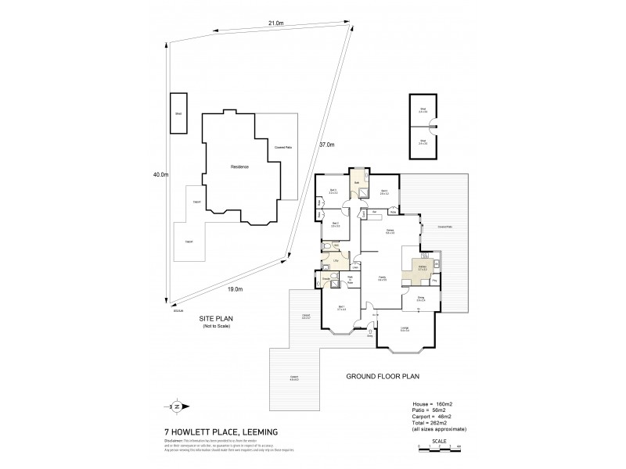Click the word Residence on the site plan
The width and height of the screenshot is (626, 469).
point(239,167)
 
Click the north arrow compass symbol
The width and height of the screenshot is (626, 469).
point(177,406)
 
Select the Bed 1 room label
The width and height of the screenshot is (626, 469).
point(341,306)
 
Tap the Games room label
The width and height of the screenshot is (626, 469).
point(389,231)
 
